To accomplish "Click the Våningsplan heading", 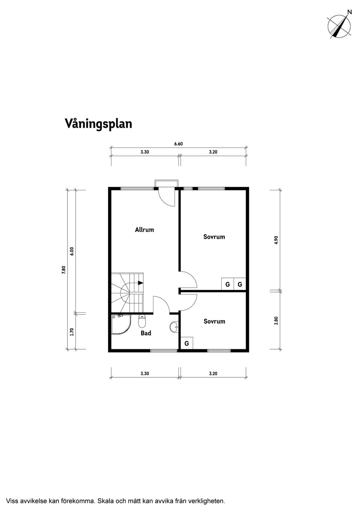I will [98, 124].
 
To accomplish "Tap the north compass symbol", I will [339, 26].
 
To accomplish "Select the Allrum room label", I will [144, 229].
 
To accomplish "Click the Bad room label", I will [146, 333].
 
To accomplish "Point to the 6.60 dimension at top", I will [178, 144].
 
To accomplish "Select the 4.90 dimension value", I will [276, 240].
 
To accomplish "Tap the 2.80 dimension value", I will [276, 321].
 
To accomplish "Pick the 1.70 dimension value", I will [72, 332].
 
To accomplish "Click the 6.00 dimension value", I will [72, 251].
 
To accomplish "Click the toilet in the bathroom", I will [142, 321].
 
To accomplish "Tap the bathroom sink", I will [174, 327].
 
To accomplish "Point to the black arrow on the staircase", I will [140, 283].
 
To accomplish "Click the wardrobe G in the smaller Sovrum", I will [186, 343].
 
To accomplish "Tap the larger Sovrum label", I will [214, 237].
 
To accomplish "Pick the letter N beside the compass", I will [349, 12].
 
